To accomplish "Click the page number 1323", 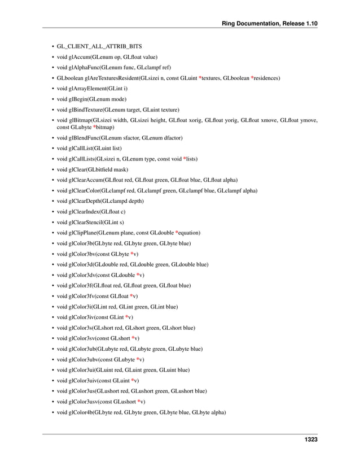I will [x=309, y=439].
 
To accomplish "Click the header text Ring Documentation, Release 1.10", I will [x=271, y=23].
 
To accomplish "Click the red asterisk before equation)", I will [x=177, y=233].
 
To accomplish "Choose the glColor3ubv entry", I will [x=100, y=359].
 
